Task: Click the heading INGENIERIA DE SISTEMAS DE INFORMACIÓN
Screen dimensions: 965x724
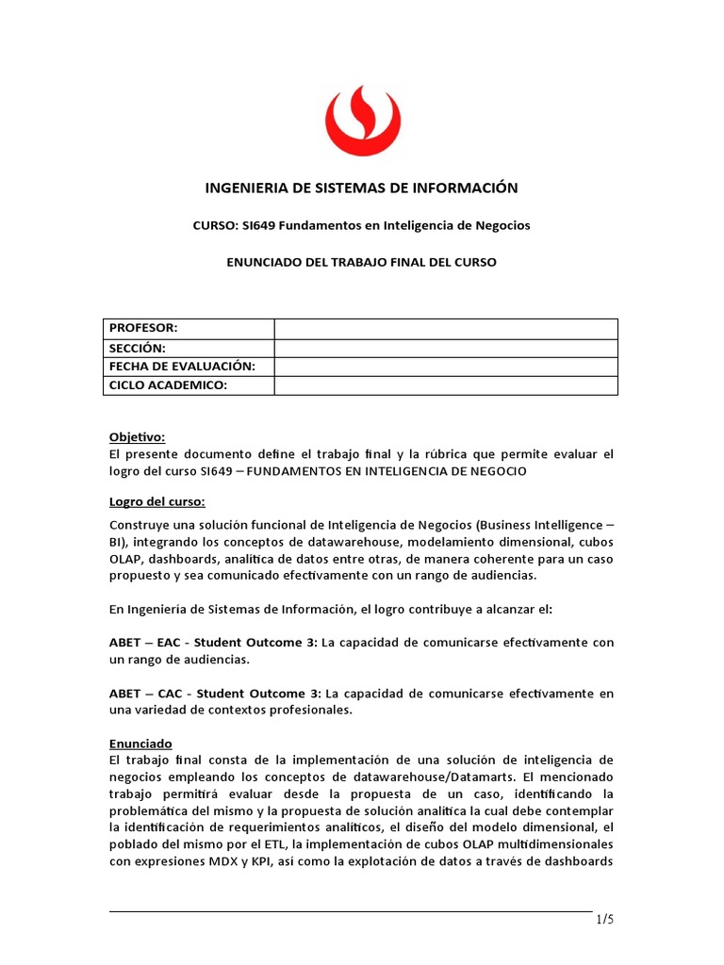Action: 362,188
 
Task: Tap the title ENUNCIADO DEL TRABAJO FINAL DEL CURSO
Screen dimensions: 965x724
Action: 362,262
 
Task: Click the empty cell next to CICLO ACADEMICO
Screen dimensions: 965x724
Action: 446,385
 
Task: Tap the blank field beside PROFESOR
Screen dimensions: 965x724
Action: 446,328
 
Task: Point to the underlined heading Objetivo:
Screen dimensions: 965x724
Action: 137,437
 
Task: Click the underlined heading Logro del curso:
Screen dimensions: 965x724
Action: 156,500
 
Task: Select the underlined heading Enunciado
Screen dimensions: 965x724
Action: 140,744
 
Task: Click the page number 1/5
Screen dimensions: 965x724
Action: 603,920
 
